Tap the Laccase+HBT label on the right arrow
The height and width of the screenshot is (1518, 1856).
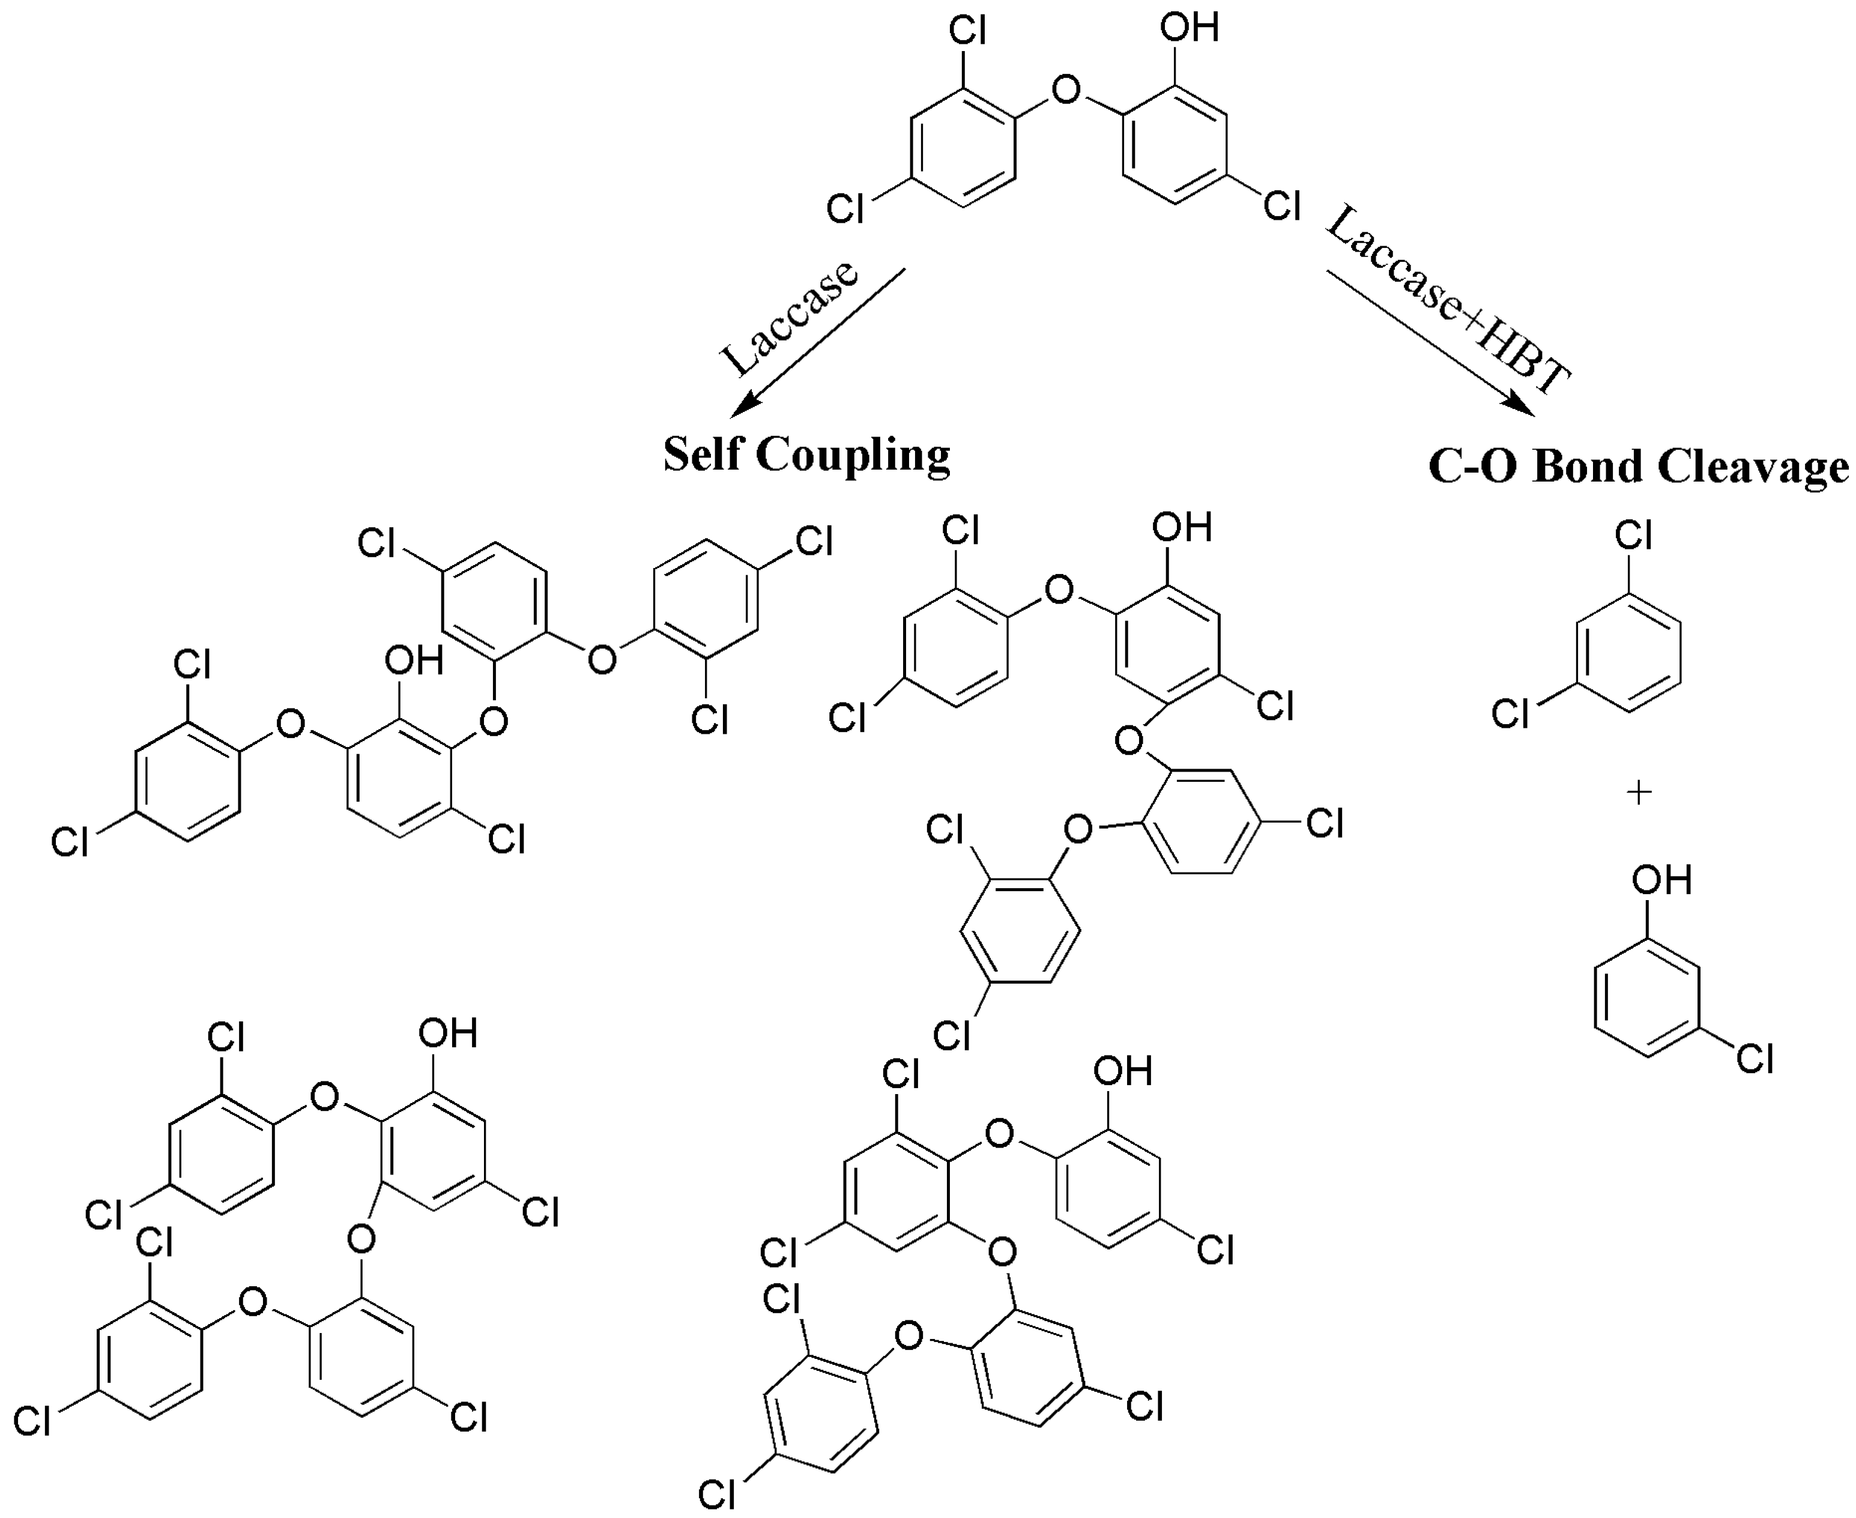coord(1448,301)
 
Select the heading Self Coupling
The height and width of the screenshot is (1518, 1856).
coord(806,455)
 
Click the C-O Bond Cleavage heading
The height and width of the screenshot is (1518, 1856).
coord(1638,466)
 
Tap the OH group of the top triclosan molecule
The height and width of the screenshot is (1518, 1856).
coord(1189,28)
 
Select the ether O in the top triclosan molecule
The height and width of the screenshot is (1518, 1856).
coord(1066,89)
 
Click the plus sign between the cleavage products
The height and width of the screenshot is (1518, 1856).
coord(1639,793)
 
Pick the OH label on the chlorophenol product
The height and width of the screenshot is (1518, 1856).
coord(1661,880)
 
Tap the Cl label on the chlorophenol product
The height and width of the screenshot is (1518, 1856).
coord(1755,1059)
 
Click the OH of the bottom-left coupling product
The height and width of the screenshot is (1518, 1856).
coord(447,1033)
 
